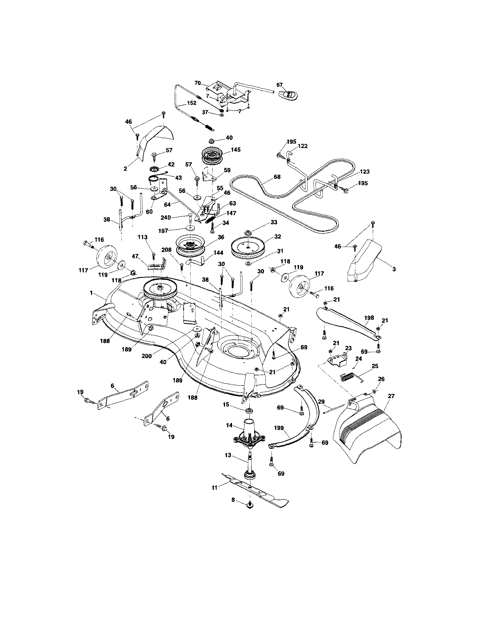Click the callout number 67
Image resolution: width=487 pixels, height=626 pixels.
279,85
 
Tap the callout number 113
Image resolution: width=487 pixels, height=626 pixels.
142,237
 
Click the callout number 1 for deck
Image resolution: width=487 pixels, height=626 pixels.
91,293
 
